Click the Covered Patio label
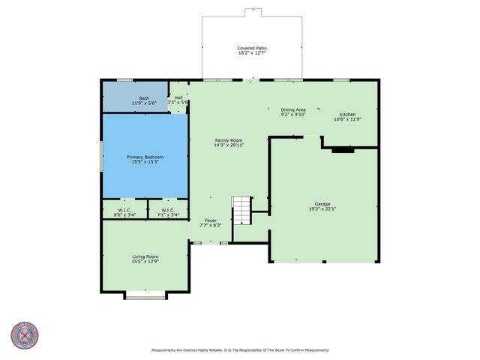[x=252, y=47]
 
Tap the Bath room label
[x=143, y=97]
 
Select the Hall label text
[x=178, y=97]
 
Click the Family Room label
[x=228, y=140]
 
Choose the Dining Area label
[x=293, y=109]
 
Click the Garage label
[x=322, y=204]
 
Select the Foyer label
[x=211, y=220]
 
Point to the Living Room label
[x=145, y=256]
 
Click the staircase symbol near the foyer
[x=241, y=211]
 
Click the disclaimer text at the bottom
[x=239, y=349]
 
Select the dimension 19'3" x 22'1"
[x=322, y=209]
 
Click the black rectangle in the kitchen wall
[x=343, y=150]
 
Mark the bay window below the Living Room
[x=145, y=297]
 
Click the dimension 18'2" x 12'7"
[x=252, y=52]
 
